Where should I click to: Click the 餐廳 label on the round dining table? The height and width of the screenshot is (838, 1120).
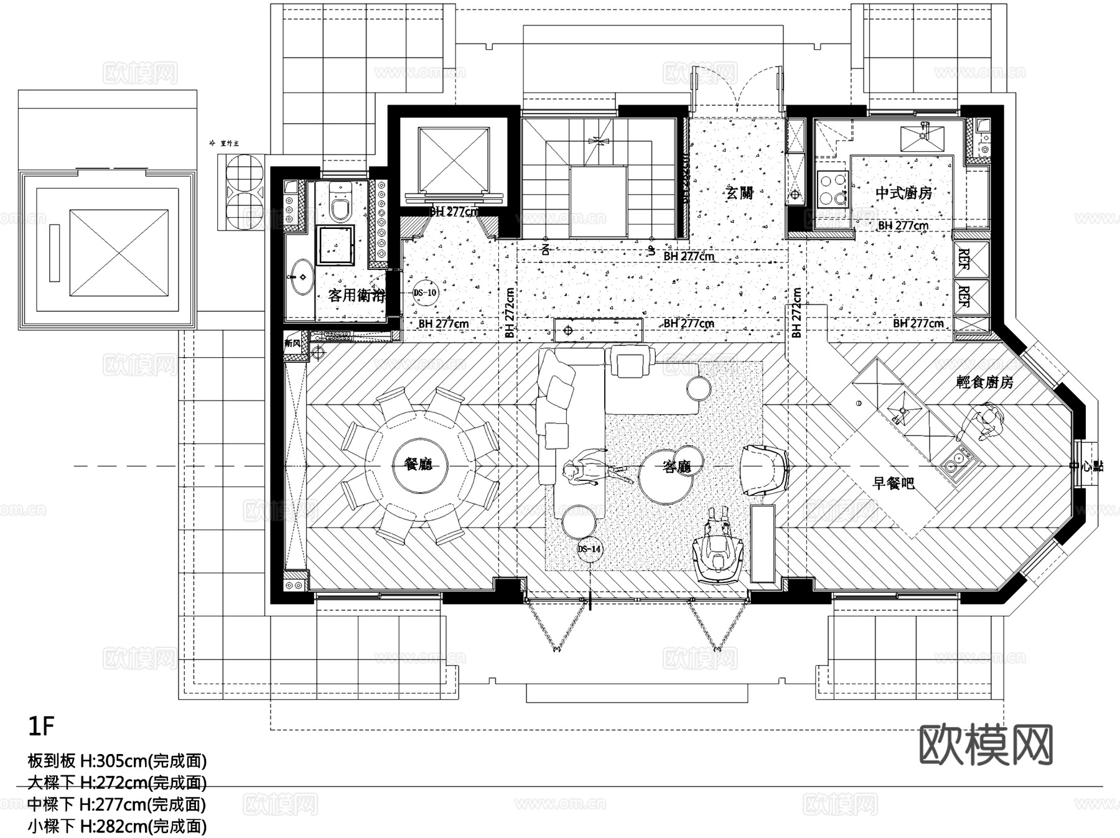(x=418, y=464)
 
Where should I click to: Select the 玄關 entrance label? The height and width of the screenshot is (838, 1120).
(x=740, y=192)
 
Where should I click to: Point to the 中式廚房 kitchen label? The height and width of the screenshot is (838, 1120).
(x=903, y=193)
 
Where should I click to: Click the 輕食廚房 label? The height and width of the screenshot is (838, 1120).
(x=984, y=382)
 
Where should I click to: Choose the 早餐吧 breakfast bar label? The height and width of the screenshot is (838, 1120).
(x=894, y=483)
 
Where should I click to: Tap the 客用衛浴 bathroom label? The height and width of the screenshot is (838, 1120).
(x=356, y=295)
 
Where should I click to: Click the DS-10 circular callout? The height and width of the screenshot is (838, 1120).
(x=426, y=292)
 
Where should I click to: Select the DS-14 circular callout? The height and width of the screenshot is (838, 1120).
(x=589, y=549)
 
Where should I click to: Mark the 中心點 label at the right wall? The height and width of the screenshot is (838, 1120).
(x=1086, y=465)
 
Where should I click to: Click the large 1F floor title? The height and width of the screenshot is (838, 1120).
(x=41, y=725)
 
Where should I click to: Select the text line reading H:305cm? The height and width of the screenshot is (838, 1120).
(x=117, y=760)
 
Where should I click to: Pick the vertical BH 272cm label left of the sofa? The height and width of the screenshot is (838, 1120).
(x=510, y=313)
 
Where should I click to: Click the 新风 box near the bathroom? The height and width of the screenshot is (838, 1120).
(x=292, y=343)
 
